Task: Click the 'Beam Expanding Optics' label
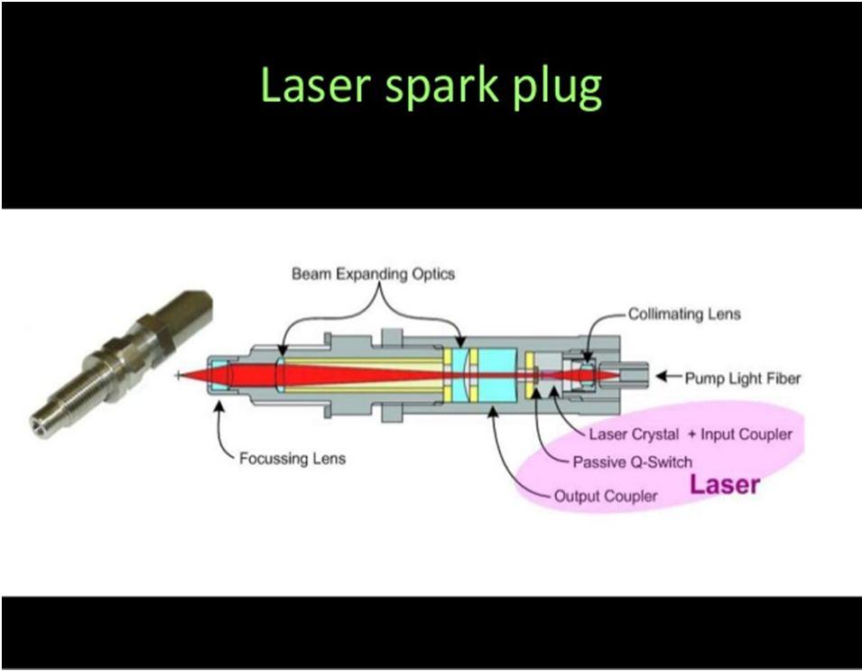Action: tap(374, 274)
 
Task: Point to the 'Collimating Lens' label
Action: tap(684, 314)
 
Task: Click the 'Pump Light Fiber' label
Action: tap(743, 378)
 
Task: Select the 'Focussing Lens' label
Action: tap(292, 458)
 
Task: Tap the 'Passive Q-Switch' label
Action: tap(632, 462)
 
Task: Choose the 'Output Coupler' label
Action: tap(606, 496)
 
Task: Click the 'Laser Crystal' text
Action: tap(634, 434)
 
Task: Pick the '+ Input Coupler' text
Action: tap(740, 434)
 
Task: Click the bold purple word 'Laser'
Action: tap(725, 484)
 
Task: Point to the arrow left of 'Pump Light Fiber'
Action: tap(669, 377)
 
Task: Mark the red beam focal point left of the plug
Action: tap(178, 376)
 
